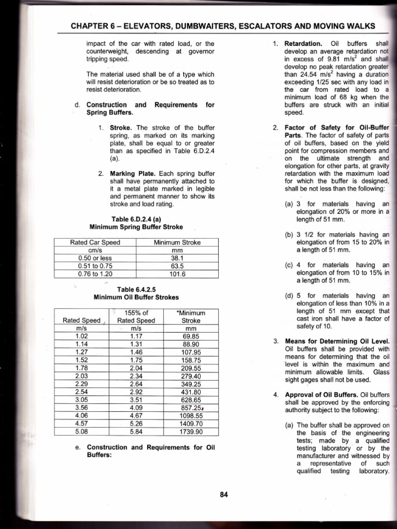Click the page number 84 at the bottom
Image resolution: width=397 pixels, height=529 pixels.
tap(224, 494)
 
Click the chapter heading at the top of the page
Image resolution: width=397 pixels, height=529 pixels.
tap(223, 26)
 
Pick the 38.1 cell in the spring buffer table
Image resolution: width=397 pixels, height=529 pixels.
tap(178, 258)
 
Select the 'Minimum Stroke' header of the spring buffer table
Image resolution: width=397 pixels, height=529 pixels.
tap(178, 242)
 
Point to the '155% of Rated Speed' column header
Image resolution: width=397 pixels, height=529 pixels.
tap(136, 316)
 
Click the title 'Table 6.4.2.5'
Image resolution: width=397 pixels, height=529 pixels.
tap(136, 289)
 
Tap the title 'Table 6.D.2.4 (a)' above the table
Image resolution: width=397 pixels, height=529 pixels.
tap(136, 218)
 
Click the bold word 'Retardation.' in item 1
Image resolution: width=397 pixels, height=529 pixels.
tap(304, 43)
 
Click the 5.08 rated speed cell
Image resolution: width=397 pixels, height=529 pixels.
tap(82, 431)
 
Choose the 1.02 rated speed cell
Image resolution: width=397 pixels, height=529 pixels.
tap(82, 336)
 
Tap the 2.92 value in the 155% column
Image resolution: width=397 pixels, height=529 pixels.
tap(136, 392)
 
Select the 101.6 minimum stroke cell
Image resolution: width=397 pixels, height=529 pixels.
tap(178, 274)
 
